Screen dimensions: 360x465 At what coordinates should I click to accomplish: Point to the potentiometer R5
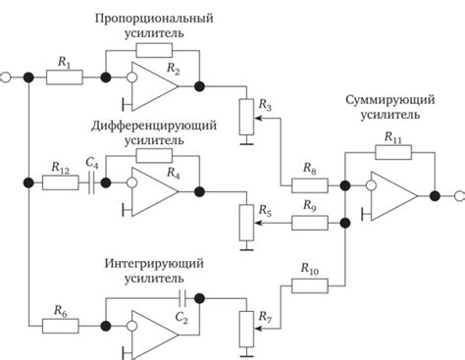point(244,223)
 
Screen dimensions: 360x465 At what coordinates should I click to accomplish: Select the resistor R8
point(307,182)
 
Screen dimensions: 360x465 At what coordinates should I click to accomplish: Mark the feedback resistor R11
point(392,153)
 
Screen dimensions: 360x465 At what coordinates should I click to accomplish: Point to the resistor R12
point(61,182)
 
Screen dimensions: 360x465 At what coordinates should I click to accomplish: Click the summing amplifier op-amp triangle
point(394,195)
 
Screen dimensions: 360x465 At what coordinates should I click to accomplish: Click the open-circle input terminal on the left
point(6,76)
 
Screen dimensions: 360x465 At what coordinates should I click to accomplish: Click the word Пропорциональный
point(166,19)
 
